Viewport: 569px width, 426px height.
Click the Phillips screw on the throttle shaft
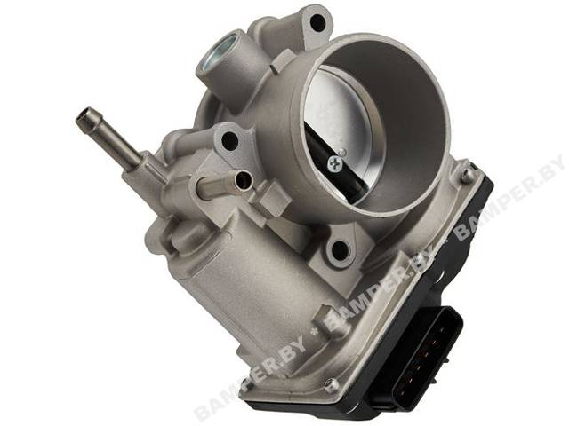[335, 162]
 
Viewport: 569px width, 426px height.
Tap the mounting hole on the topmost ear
[318, 23]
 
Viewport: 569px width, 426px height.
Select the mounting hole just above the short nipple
[229, 140]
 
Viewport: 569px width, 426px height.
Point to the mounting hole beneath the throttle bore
[340, 249]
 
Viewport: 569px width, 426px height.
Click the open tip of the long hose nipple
[83, 116]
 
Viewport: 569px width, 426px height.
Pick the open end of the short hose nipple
[243, 179]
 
